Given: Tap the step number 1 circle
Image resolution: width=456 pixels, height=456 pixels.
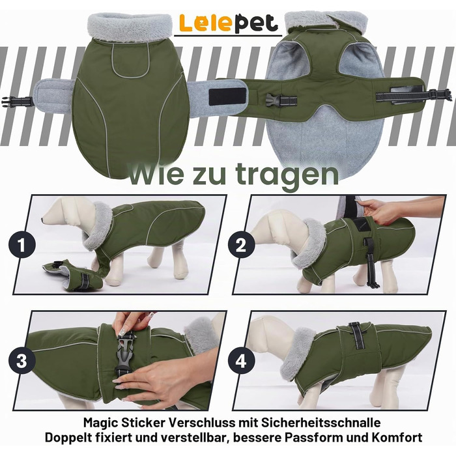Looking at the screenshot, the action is pos(22,244).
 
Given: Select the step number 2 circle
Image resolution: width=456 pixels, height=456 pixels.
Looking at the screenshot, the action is pos(241,245).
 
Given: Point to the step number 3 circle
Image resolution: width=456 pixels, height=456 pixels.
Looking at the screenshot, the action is pos(22,361).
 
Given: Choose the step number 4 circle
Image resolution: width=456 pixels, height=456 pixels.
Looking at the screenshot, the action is pos(241,362).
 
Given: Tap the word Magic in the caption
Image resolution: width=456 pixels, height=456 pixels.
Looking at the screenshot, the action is pos(100,423).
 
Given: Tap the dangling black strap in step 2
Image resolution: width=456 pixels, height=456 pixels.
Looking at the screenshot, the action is pos(371,263).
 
